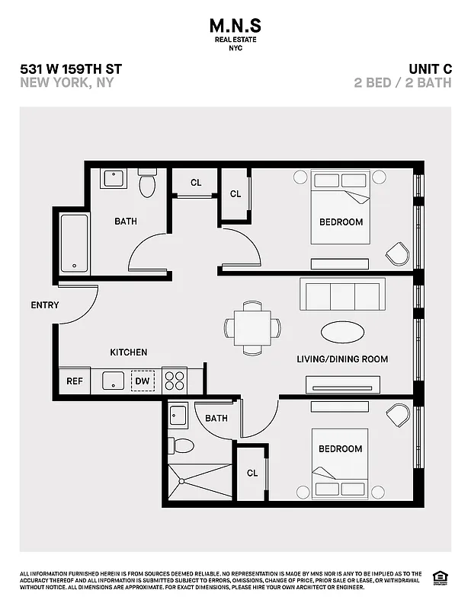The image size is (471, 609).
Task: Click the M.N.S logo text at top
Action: tap(235, 24)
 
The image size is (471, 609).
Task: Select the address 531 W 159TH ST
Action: tap(71, 69)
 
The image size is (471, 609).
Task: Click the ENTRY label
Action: tap(45, 305)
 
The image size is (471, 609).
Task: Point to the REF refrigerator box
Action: tap(75, 381)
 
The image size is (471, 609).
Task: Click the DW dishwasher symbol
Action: tap(143, 381)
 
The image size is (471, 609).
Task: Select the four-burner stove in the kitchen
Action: tap(175, 381)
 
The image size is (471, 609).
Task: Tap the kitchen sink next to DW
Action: tap(114, 381)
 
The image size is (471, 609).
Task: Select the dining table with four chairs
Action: tap(252, 328)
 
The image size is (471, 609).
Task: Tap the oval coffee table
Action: tap(342, 333)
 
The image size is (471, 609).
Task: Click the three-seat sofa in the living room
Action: tap(342, 295)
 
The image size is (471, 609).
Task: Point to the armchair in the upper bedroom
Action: tap(397, 253)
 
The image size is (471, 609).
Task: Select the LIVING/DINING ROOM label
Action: tap(342, 359)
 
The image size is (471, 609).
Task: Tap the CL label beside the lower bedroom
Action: tap(252, 473)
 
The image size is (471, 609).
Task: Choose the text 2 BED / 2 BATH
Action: tap(402, 83)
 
